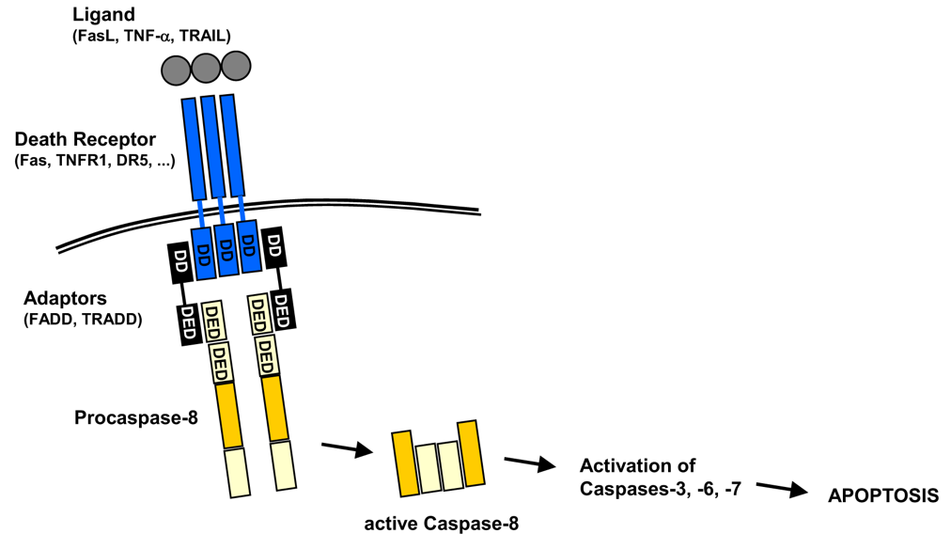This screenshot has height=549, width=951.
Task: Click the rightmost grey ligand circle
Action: (236, 65)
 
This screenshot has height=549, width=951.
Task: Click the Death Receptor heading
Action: (86, 140)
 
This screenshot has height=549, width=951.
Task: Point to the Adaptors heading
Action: (66, 300)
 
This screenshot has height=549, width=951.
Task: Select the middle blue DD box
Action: (226, 250)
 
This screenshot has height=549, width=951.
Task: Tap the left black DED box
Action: (187, 322)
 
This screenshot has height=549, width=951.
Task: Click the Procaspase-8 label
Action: (136, 416)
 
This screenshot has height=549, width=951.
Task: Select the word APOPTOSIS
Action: (882, 495)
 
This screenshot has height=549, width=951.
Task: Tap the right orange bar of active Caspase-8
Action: (473, 455)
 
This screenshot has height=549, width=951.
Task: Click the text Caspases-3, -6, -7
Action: (661, 489)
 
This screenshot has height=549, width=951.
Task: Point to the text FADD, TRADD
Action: (83, 320)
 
